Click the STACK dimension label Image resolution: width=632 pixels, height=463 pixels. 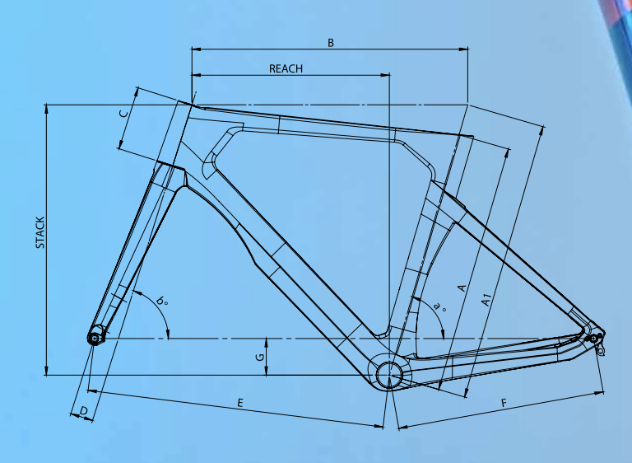(x=40, y=232)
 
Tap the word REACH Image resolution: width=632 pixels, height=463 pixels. (x=286, y=68)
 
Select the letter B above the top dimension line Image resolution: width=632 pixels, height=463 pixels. (x=331, y=43)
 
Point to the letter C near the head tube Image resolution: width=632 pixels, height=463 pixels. (x=124, y=114)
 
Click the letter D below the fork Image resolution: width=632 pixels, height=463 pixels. (x=83, y=411)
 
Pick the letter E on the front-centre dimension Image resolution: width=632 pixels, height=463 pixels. (x=240, y=403)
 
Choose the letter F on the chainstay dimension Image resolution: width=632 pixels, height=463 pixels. (x=504, y=403)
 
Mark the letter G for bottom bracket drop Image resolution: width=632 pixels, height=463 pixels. (x=260, y=357)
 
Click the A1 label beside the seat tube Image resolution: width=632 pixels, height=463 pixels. (x=487, y=300)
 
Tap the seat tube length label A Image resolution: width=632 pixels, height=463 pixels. (x=462, y=288)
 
